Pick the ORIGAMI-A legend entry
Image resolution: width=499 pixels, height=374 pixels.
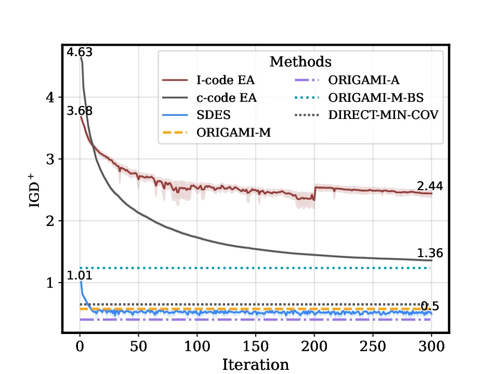click(x=364, y=80)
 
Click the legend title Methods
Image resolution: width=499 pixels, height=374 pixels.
click(x=300, y=62)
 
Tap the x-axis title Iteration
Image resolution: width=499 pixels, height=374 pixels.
click(x=255, y=364)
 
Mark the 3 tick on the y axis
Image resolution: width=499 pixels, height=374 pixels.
click(x=51, y=159)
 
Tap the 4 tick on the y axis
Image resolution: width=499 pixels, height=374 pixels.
click(x=51, y=97)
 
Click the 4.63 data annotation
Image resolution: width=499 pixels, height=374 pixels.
click(x=80, y=52)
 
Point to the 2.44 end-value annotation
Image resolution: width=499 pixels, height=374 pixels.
click(x=429, y=186)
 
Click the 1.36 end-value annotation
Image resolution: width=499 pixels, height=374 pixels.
click(x=429, y=253)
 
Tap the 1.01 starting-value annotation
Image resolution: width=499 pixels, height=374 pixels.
click(x=80, y=275)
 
